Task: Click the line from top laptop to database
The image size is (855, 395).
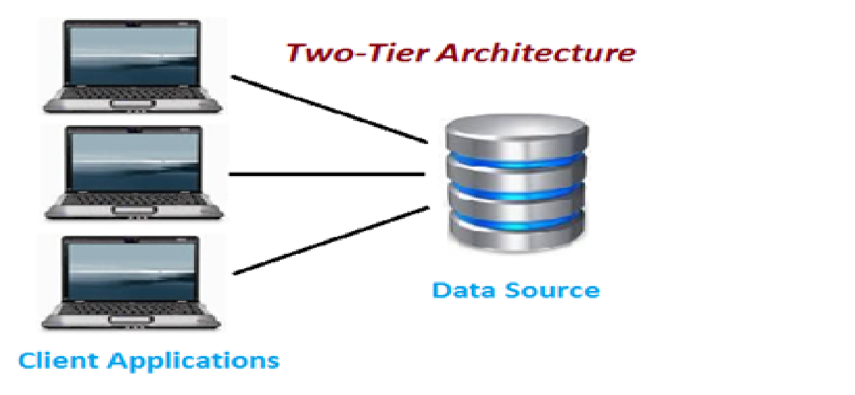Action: coord(329,109)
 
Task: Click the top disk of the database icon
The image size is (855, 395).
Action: coord(516,135)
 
